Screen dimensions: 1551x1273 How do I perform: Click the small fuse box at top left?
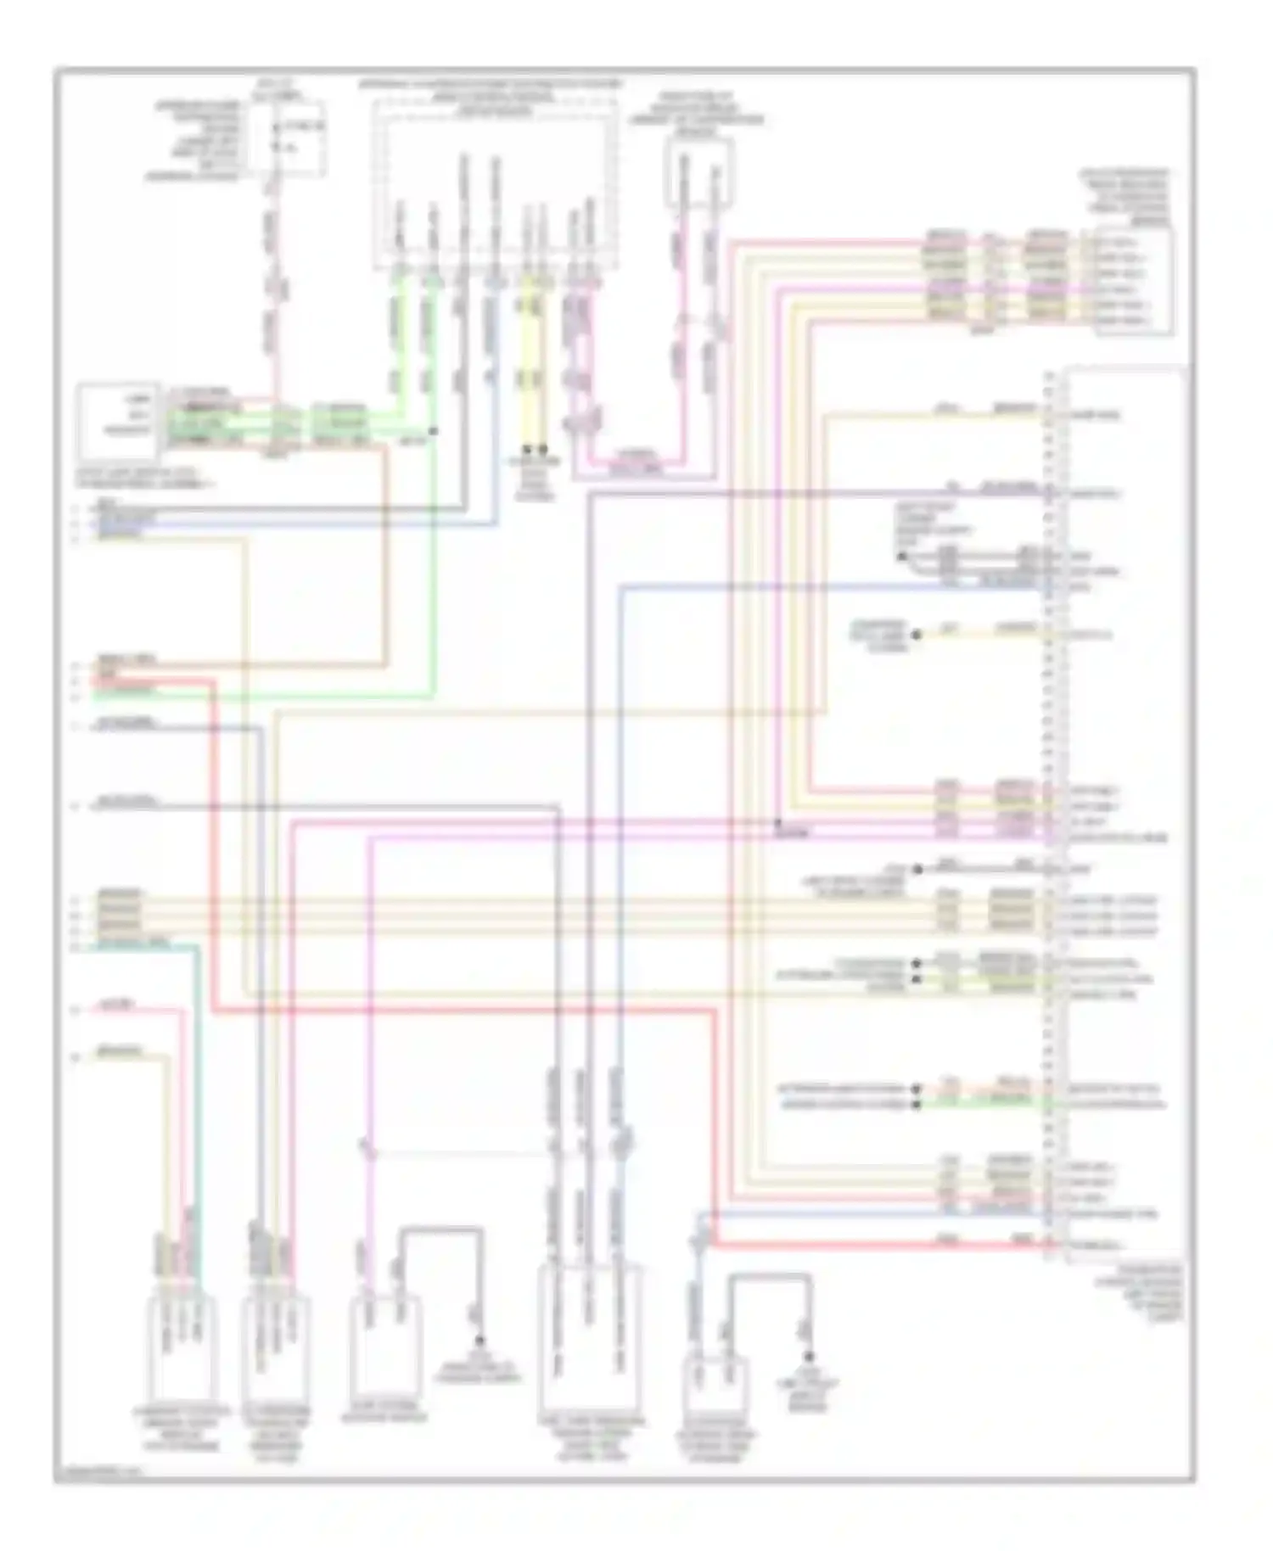292,140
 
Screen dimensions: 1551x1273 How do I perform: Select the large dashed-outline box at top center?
496,182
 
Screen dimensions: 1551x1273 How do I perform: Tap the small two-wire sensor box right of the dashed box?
699,174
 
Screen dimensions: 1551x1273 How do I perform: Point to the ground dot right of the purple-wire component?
479,1340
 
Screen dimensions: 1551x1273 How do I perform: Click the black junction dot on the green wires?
434,432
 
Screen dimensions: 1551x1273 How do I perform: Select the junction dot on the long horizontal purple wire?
777,822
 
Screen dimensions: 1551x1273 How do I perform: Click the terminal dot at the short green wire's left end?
917,1105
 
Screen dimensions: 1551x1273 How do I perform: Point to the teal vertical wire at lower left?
197,1103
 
